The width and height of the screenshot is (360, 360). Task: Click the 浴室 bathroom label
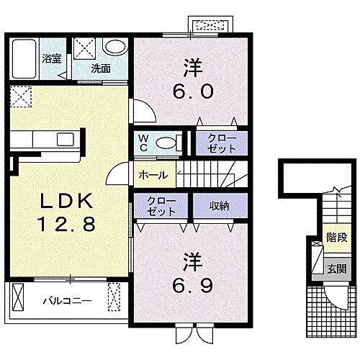52,59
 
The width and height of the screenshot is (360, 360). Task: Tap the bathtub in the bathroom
24,59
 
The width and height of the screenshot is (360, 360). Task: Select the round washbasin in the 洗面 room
115,46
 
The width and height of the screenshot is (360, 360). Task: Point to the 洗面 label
101,69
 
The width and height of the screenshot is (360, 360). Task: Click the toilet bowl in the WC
166,143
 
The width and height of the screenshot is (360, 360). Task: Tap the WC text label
143,143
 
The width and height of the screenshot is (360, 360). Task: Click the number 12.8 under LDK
66,224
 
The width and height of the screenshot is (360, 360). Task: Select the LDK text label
67,200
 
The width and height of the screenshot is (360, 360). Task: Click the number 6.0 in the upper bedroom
193,91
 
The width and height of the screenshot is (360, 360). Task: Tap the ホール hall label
153,175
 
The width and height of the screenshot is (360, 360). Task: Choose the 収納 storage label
220,206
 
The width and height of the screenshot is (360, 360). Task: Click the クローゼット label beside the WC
221,144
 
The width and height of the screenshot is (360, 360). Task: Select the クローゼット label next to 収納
161,206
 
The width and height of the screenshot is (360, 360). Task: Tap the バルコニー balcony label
68,300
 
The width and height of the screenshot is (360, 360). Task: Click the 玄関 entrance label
337,269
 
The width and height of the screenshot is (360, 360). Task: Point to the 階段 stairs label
337,238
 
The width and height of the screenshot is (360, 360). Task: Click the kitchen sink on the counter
65,139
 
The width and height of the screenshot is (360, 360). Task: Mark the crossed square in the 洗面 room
84,48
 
